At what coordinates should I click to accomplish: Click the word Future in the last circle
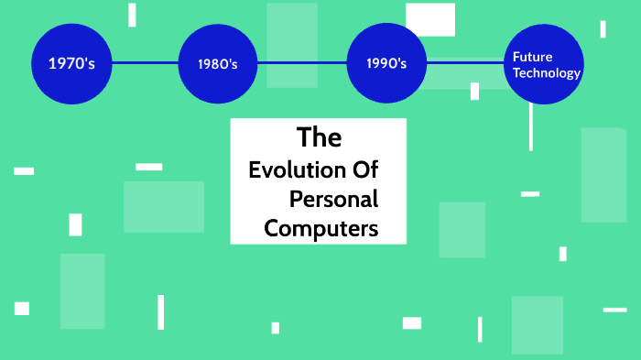tap(532, 57)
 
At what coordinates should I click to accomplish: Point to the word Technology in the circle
tap(547, 73)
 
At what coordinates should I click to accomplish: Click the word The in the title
tap(319, 138)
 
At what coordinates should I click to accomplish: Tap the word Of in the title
tap(362, 170)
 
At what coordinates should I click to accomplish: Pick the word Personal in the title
tap(333, 199)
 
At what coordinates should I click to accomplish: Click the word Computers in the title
tap(320, 228)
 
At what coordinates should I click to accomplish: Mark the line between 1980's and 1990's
tap(302, 63)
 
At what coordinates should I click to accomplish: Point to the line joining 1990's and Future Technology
tap(465, 63)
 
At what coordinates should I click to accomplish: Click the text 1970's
tap(71, 63)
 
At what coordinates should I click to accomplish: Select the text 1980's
tap(218, 64)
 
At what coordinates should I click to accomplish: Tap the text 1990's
tap(386, 64)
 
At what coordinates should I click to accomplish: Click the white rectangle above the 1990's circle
tap(430, 18)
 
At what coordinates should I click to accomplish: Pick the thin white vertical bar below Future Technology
tap(530, 126)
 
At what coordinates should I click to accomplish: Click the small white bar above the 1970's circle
tap(132, 15)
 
